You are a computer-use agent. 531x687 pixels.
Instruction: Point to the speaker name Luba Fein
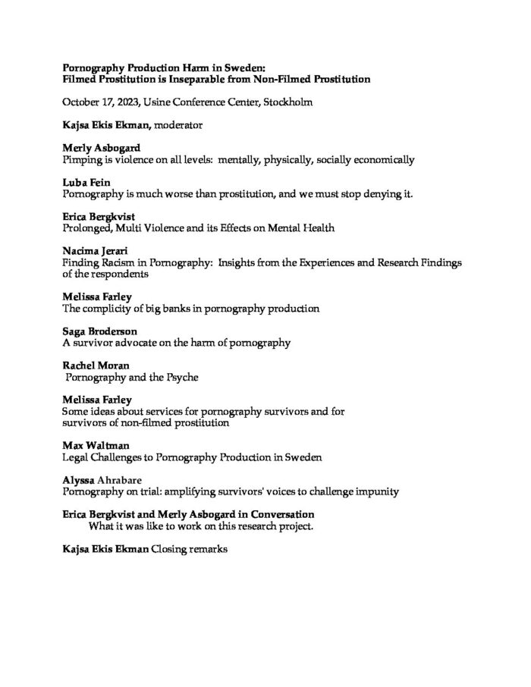click(85, 184)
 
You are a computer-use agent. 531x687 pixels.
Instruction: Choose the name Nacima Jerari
click(95, 249)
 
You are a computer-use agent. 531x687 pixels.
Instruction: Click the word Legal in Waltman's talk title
click(75, 457)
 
